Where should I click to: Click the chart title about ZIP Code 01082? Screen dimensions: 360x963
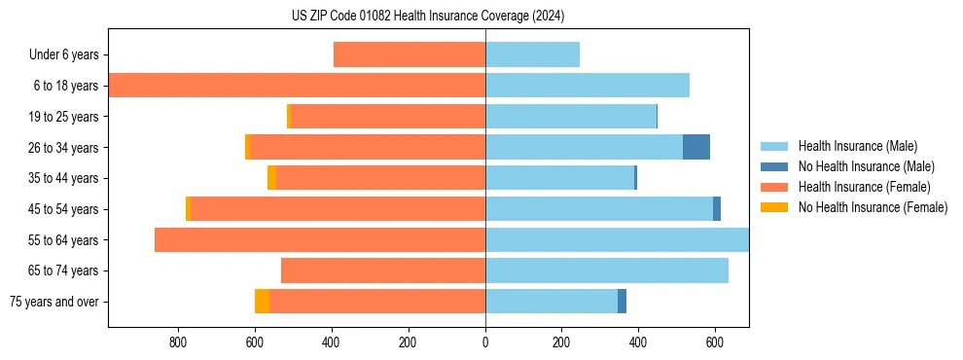coord(428,17)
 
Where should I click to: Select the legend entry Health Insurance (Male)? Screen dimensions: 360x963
coord(857,146)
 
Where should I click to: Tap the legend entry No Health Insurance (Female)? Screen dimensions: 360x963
coord(873,207)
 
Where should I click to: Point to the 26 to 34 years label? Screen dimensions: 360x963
coord(64,148)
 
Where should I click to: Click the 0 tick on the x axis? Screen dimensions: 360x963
coord(485,342)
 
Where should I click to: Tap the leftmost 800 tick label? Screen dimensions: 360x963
coord(178,342)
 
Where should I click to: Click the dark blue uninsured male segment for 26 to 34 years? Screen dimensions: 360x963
coord(696,148)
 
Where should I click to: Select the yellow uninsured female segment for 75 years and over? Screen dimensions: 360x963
coord(262,302)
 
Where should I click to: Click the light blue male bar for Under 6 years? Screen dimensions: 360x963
coord(533,55)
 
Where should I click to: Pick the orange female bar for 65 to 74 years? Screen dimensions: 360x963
coord(383,270)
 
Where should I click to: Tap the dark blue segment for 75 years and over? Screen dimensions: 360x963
coord(622,302)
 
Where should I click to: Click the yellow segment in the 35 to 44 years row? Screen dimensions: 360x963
coord(271,178)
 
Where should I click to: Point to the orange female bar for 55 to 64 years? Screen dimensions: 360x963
coord(320,240)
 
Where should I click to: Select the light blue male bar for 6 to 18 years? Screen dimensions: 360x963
coord(588,86)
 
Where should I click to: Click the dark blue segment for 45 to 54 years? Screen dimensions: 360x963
coord(717,209)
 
